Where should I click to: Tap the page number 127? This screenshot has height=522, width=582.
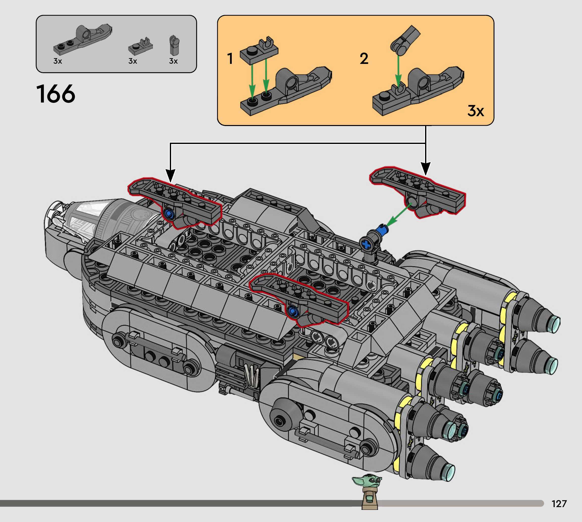pyautogui.click(x=559, y=504)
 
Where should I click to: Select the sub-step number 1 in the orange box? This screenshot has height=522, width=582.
pyautogui.click(x=230, y=59)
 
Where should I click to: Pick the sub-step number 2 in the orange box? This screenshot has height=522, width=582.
pyautogui.click(x=364, y=59)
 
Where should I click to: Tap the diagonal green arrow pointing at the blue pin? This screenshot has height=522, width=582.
pyautogui.click(x=399, y=215)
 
